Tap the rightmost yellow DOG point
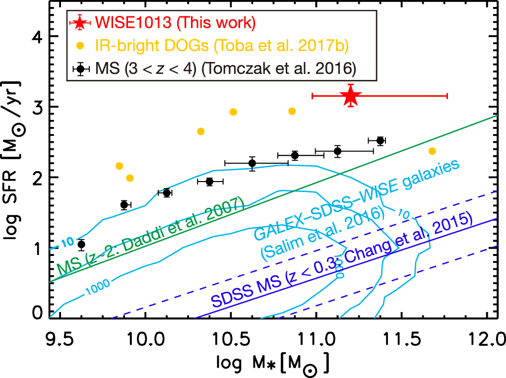click(432, 151)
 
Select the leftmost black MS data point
click(81, 244)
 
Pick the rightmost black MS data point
click(380, 140)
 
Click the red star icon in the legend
click(80, 23)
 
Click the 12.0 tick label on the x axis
click(486, 342)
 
